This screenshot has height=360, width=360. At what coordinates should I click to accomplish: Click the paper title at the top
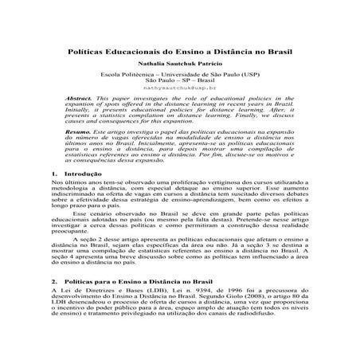(179, 49)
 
